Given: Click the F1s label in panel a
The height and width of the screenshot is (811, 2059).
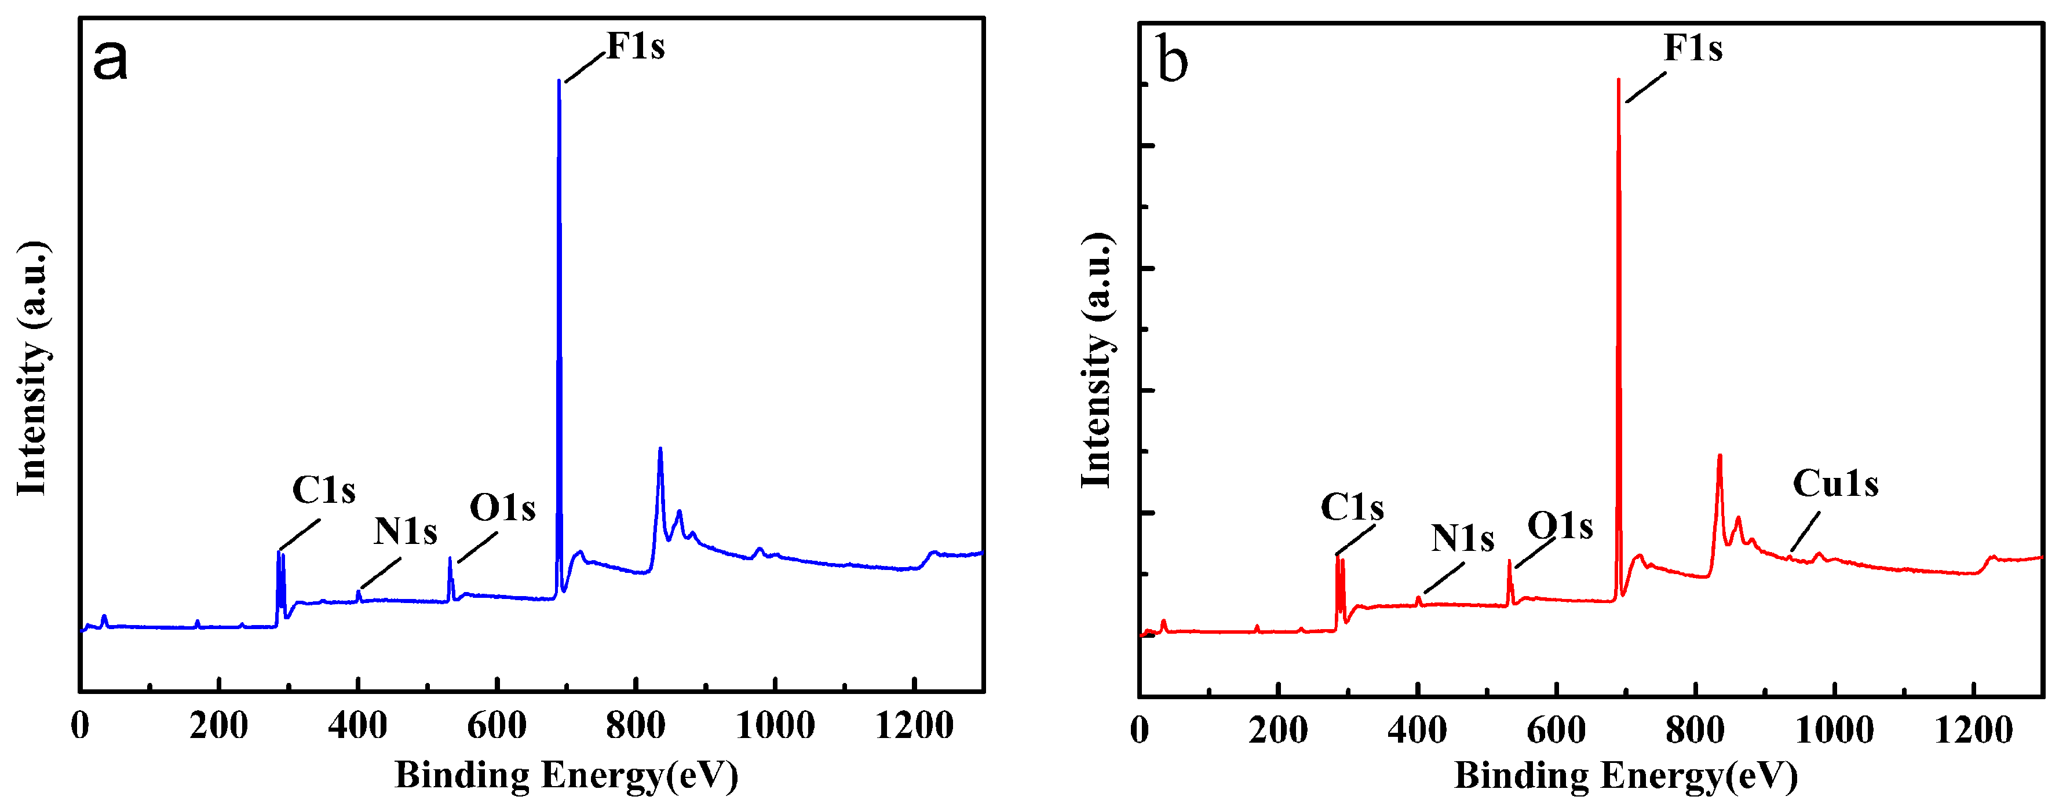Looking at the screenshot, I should point(636,46).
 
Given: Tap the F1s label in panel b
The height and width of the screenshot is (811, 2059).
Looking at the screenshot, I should point(1693,48).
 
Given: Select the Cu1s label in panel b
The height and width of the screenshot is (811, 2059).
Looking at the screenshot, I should point(1835,483).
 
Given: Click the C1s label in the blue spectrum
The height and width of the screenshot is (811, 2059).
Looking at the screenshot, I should point(324,490).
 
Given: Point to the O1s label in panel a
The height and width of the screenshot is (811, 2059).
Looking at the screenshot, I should point(502,507).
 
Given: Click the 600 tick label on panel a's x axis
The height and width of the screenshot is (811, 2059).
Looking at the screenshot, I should point(497,725).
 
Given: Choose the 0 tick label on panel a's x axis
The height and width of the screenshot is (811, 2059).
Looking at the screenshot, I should point(80,725).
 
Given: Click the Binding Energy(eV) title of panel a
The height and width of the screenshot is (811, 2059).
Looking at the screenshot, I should point(566,775).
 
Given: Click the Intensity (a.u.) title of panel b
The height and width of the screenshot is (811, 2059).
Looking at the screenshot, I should point(1097,361).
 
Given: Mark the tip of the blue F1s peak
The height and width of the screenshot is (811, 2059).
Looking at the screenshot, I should point(558,81).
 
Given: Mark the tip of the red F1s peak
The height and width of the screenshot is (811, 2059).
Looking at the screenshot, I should point(1619,80).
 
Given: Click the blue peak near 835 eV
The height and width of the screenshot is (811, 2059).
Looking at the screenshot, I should point(660,449).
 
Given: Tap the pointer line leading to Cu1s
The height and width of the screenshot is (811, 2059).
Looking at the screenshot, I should point(1806,531).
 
